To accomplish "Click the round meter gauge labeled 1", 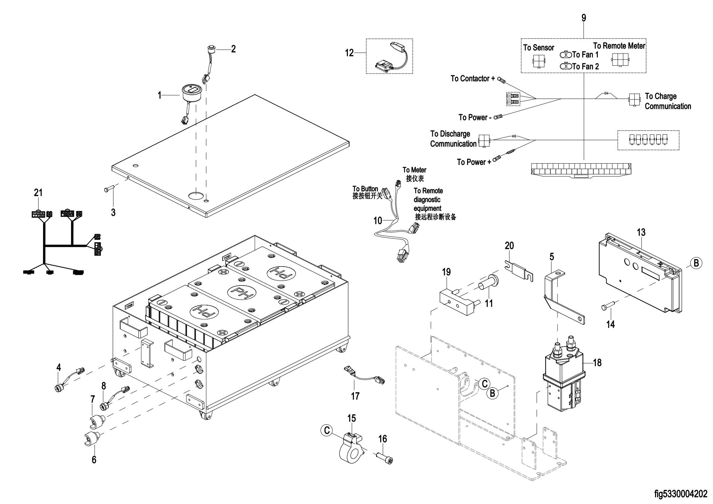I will pos(191,92).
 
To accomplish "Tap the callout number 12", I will pos(349,53).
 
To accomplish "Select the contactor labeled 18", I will pos(564,381).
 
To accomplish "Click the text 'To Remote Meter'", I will pos(619,46).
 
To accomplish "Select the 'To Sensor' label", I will pos(539,48).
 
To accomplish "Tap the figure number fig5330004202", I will pos(681,494).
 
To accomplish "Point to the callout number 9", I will pos(584,18).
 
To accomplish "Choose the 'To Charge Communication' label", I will pos(667,101).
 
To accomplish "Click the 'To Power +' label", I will pos(474,162).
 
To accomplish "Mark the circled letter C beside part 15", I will pos(327,430).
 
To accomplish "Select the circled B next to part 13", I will pos(696,263).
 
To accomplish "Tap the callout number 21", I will pos(38,193).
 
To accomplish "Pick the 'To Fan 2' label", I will pos(585,66).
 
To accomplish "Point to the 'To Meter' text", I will pos(414,170).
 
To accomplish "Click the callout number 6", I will pos(94,459).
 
